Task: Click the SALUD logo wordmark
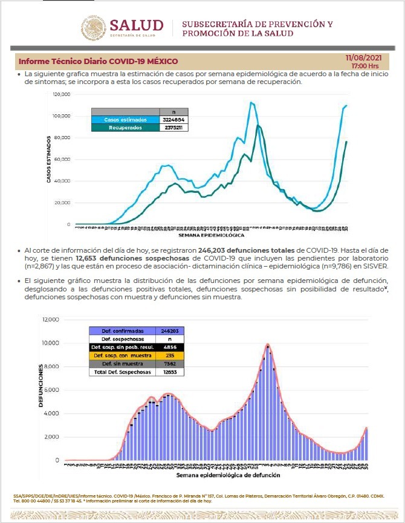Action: [x=136, y=25]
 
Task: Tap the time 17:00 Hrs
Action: [x=365, y=65]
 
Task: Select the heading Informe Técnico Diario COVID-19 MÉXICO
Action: [x=99, y=62]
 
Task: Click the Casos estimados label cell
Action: [x=126, y=120]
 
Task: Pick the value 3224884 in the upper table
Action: [x=173, y=120]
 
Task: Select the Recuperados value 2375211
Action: [x=173, y=128]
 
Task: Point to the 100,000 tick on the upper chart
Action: [x=62, y=116]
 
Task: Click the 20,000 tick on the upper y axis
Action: [x=63, y=203]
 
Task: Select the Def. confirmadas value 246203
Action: [x=169, y=331]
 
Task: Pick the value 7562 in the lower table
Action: [x=169, y=364]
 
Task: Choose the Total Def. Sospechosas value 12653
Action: [x=169, y=372]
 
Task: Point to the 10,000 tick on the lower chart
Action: [x=51, y=343]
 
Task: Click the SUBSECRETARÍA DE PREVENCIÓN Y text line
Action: [x=258, y=24]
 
